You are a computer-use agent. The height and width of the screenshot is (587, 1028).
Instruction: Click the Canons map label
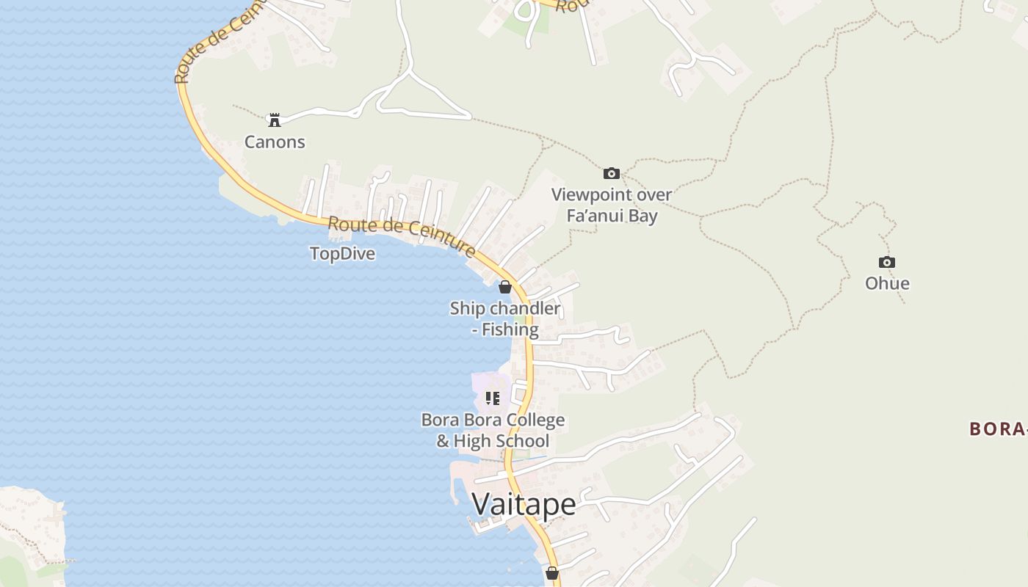pyautogui.click(x=275, y=142)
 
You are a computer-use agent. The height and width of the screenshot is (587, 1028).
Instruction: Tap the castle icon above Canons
pyautogui.click(x=275, y=120)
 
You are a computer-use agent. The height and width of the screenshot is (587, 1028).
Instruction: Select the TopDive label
pyautogui.click(x=342, y=254)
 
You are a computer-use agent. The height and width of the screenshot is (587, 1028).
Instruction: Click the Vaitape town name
pyautogui.click(x=524, y=504)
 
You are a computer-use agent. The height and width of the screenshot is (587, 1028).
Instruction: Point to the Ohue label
pyautogui.click(x=887, y=283)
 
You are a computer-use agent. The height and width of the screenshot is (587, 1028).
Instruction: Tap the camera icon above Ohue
pyautogui.click(x=887, y=263)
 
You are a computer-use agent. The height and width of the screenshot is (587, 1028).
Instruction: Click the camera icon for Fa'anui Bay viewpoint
pyautogui.click(x=611, y=174)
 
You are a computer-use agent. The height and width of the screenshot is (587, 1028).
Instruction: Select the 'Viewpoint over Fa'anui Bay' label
pyautogui.click(x=612, y=205)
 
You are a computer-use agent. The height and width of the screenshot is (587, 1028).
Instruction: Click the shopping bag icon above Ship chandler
pyautogui.click(x=505, y=287)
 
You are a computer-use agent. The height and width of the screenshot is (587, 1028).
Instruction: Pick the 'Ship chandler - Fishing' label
pyautogui.click(x=505, y=318)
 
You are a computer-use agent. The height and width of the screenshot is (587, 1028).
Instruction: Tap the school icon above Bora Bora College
pyautogui.click(x=493, y=398)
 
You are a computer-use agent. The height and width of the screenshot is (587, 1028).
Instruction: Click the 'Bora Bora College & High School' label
pyautogui.click(x=493, y=431)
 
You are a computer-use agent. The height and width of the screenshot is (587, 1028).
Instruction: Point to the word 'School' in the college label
pyautogui.click(x=512, y=441)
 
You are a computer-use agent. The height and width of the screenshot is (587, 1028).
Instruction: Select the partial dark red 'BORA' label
pyautogui.click(x=997, y=429)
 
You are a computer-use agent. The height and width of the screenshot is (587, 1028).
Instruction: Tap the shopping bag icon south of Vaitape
pyautogui.click(x=552, y=572)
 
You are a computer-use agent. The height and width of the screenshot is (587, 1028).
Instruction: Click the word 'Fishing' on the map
pyautogui.click(x=510, y=329)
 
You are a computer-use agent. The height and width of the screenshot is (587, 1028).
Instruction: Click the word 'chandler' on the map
pyautogui.click(x=525, y=308)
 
